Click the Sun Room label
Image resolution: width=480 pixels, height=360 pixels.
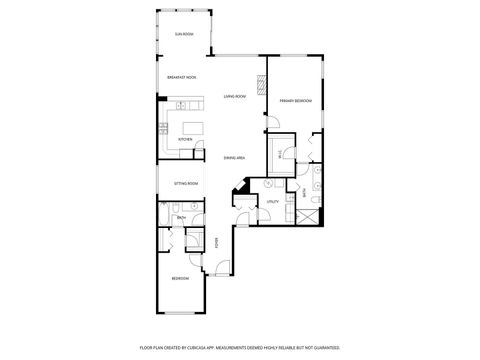click(x=184, y=35)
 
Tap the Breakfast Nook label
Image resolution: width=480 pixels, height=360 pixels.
click(x=182, y=77)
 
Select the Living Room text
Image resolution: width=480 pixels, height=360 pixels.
click(x=235, y=97)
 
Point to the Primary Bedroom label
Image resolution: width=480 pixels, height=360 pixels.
click(x=297, y=101)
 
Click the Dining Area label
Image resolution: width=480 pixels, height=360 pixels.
click(x=235, y=158)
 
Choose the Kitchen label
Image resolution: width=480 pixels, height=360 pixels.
click(x=185, y=139)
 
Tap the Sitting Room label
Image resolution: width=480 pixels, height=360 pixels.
click(x=186, y=184)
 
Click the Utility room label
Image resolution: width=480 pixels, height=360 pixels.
click(x=271, y=202)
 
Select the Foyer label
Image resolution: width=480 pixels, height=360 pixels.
click(x=217, y=241)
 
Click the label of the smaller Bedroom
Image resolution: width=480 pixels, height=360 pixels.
click(x=180, y=278)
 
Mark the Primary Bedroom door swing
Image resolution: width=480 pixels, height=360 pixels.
click(x=273, y=123)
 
